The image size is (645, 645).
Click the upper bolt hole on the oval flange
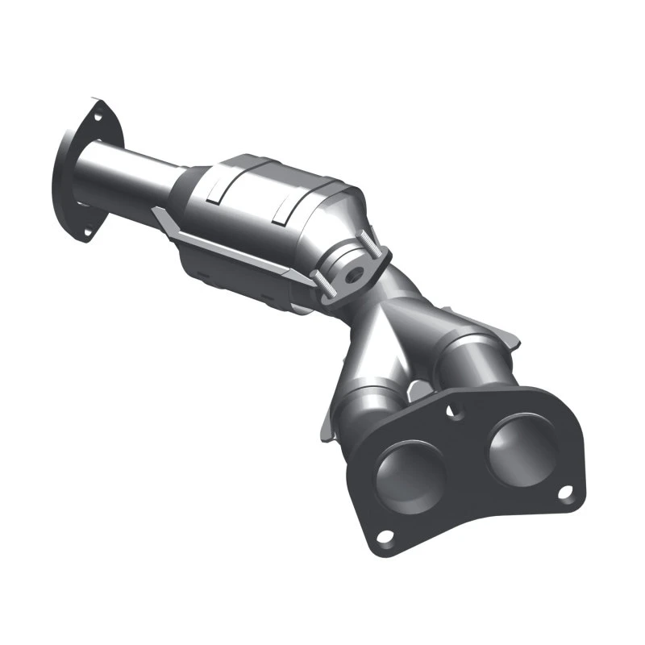point(98,118)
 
